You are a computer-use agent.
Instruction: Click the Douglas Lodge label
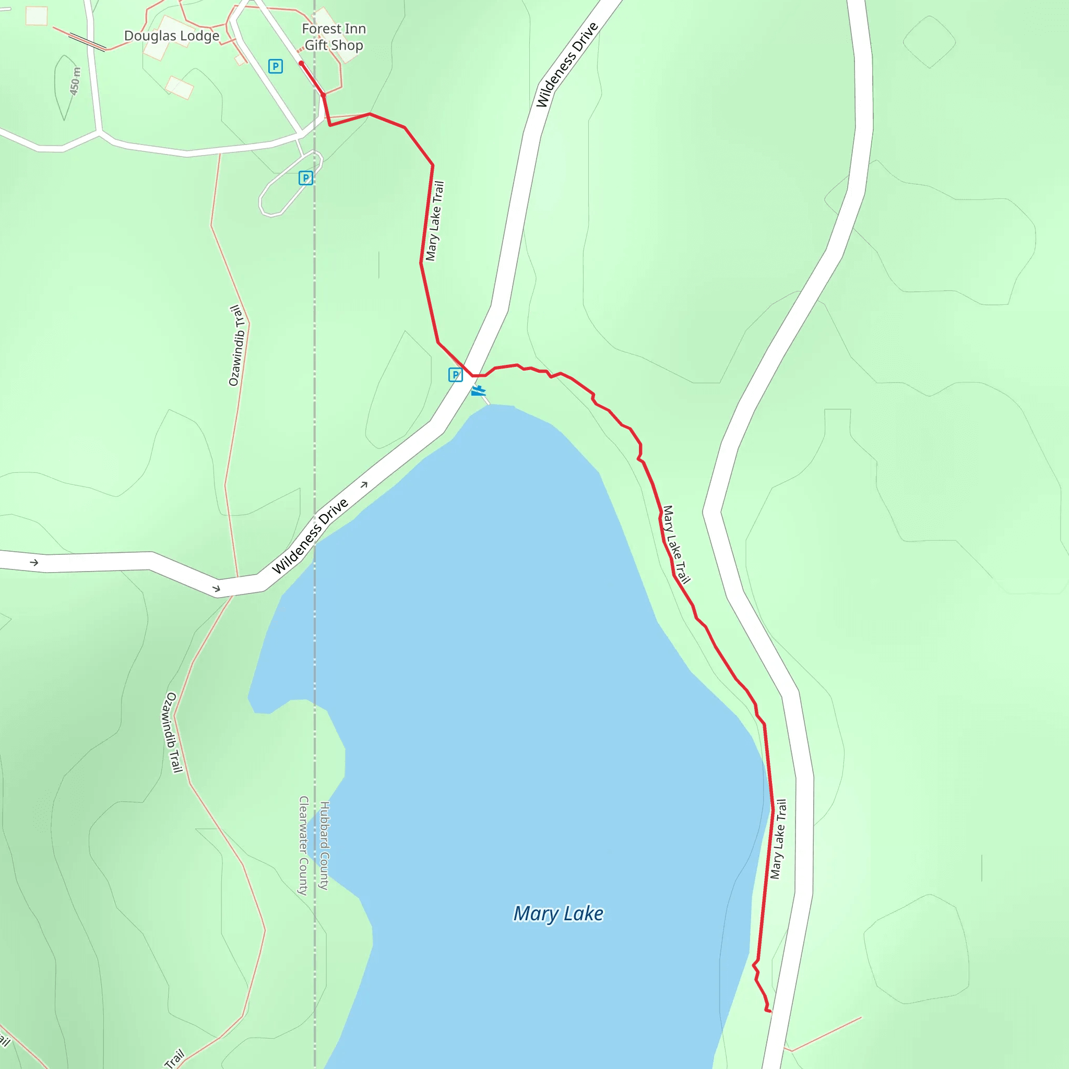click(x=172, y=36)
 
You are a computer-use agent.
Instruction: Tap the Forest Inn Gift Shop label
click(x=334, y=37)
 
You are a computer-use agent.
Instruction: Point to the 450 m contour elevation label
click(x=75, y=81)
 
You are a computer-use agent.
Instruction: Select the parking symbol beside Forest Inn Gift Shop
click(x=276, y=66)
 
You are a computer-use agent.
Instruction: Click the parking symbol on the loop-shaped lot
click(x=305, y=178)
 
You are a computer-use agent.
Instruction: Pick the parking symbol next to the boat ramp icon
click(x=455, y=375)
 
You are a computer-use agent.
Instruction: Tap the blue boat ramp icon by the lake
click(x=479, y=391)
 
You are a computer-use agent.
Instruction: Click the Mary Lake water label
click(x=559, y=913)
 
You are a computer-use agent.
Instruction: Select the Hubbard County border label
click(x=325, y=846)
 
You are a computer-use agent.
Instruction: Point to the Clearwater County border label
click(x=303, y=846)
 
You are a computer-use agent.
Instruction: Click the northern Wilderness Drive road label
click(x=567, y=65)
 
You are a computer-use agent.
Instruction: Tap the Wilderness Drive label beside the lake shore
click(x=311, y=536)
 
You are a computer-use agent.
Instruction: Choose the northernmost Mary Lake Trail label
click(x=435, y=221)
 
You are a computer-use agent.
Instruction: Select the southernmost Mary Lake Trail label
click(x=778, y=839)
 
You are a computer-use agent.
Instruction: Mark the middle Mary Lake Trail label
click(x=676, y=544)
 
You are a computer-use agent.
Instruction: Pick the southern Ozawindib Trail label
click(x=172, y=732)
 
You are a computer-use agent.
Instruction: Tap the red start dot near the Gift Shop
click(x=301, y=64)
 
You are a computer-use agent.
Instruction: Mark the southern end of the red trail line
click(x=769, y=1012)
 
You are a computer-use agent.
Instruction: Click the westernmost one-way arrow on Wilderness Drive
click(x=34, y=563)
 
